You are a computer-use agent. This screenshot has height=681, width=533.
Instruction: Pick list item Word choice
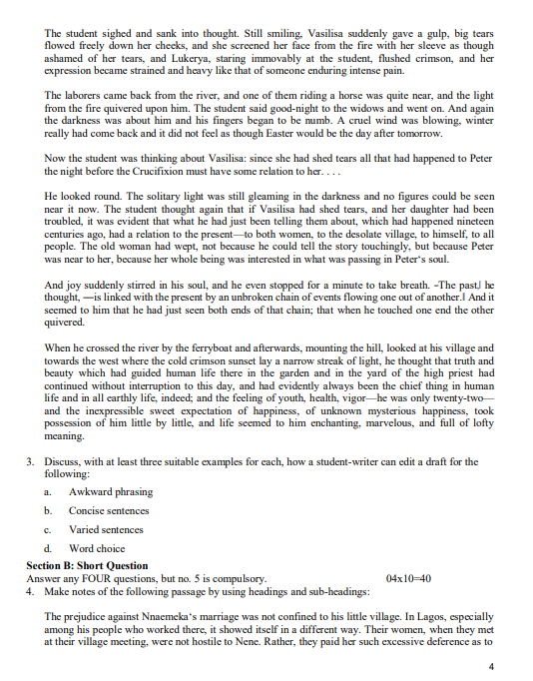click(x=98, y=549)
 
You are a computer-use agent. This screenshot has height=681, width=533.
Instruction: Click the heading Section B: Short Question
click(x=87, y=565)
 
